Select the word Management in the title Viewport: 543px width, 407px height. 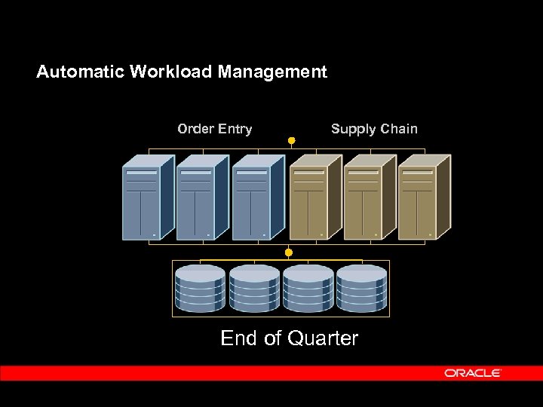coord(272,72)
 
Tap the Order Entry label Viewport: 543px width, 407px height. coord(214,129)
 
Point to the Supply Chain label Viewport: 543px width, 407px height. coord(374,129)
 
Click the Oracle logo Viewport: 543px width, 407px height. coord(472,373)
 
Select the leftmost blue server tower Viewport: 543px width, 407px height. coord(147,198)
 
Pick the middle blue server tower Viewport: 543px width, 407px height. coord(201,198)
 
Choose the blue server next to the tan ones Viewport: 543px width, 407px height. coord(257,198)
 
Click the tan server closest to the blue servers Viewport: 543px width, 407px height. coord(314,198)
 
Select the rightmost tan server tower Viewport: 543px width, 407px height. coord(423,198)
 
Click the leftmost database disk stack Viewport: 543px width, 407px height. coord(200,288)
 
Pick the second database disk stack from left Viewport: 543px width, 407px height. coord(254,288)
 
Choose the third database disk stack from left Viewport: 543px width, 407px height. coord(308,288)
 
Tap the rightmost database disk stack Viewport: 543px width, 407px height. coord(362,288)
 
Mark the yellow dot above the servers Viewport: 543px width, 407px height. coord(291,140)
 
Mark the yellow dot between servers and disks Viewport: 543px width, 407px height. coord(288,251)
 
